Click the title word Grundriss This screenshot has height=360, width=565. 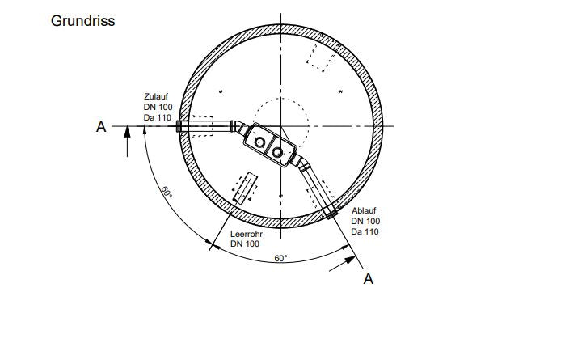click(83, 21)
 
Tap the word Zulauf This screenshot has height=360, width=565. click(156, 96)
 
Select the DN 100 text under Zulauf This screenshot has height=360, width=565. click(158, 107)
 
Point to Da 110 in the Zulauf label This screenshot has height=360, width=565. click(158, 117)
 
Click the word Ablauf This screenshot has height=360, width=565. click(364, 210)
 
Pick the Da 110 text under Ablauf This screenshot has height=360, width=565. click(365, 231)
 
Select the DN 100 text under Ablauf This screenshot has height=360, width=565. click(365, 221)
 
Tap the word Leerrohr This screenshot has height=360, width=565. click(247, 234)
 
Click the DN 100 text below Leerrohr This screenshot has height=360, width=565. click(245, 244)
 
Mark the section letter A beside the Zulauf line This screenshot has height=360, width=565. click(101, 127)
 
